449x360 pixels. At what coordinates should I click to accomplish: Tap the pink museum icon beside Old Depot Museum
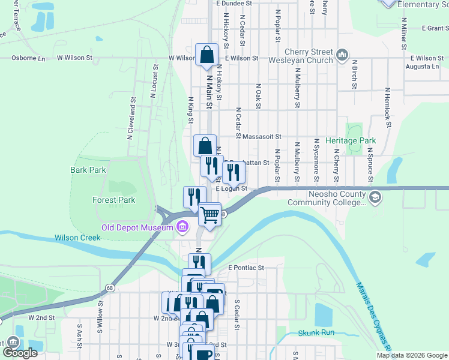(182, 227)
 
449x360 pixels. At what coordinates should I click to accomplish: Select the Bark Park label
(88, 170)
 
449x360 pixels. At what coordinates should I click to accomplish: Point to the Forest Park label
(113, 200)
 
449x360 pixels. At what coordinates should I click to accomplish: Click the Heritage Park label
(350, 140)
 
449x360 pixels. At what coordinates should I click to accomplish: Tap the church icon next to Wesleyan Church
(343, 56)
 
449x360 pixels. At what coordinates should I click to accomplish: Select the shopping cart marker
(209, 214)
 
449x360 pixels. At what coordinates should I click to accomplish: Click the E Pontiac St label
(246, 268)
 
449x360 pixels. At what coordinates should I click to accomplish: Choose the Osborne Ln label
(29, 58)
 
